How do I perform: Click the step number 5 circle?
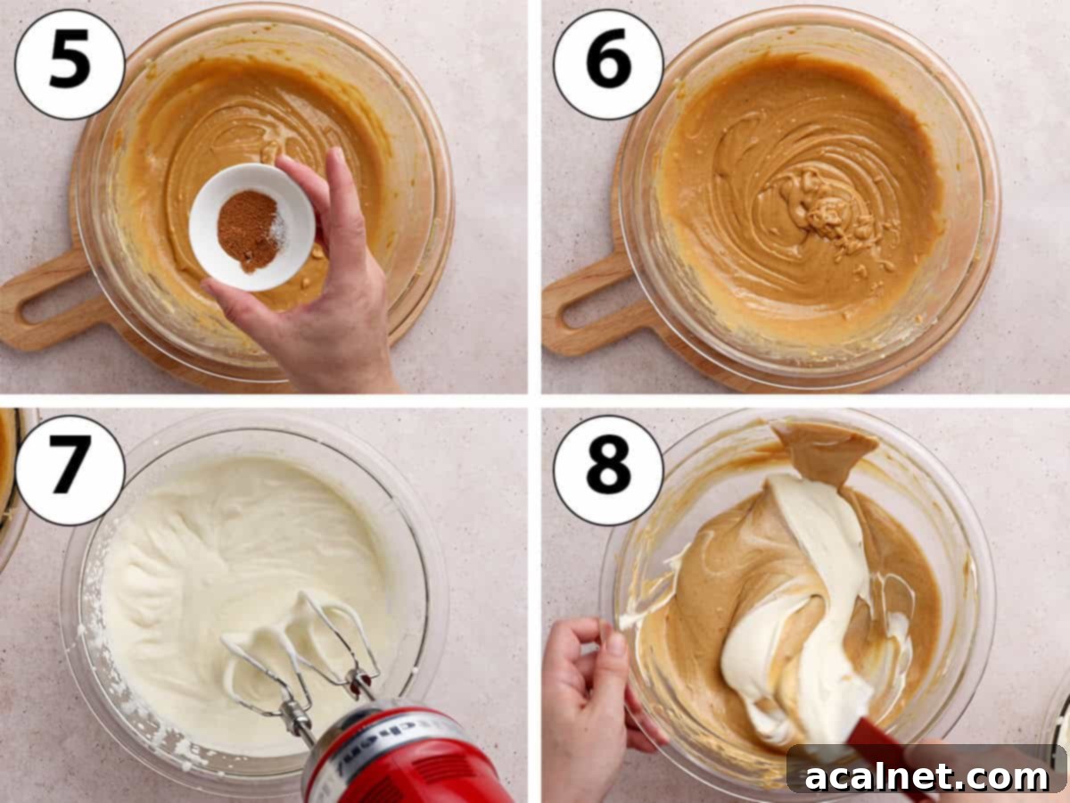[x=70, y=63]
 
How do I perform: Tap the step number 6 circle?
[x=608, y=63]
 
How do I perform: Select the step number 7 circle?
[x=70, y=470]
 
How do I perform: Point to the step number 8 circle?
[x=608, y=470]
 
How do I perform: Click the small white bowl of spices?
[x=251, y=227]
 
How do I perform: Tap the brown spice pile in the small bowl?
[x=248, y=231]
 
